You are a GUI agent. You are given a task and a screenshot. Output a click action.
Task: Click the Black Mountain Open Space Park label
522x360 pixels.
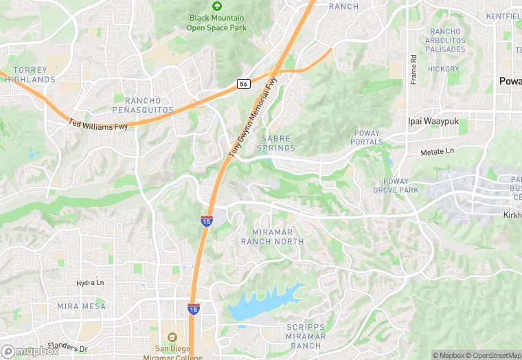pos(217,23)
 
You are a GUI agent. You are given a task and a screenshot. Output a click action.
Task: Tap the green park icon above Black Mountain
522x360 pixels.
pos(217,6)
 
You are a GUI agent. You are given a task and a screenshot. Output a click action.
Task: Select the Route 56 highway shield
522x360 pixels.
pos(244,83)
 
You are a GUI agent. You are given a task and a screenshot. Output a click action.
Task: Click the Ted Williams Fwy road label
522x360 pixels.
pos(98,124)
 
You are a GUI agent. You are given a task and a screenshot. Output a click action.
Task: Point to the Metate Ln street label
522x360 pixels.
pos(438,151)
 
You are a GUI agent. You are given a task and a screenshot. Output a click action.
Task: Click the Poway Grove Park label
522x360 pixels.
pos(396,185)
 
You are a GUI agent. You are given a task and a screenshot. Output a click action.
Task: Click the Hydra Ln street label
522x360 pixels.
pos(90,282)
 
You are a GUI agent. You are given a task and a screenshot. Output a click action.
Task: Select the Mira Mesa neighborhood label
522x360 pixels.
pos(82,306)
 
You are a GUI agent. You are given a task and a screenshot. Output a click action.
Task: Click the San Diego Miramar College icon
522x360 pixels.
pos(171,337)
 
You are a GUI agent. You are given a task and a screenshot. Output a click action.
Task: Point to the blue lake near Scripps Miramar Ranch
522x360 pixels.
pos(264,301)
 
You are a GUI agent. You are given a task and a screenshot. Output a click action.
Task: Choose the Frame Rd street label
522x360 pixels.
pos(413,69)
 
